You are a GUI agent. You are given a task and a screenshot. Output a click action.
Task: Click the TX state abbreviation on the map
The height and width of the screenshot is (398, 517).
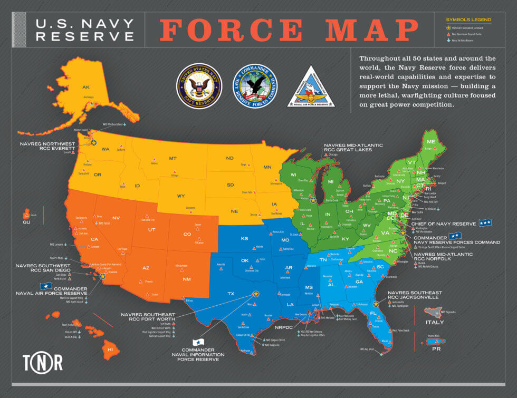coord(231,294)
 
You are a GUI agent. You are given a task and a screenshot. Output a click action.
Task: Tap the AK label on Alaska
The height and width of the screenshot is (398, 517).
coord(85,87)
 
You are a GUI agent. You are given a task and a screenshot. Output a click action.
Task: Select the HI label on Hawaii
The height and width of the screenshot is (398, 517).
coord(110,350)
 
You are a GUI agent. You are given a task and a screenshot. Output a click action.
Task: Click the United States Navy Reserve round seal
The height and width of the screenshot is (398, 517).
coord(199,86)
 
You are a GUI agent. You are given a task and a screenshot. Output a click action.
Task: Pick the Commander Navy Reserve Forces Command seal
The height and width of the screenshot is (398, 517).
coord(254,86)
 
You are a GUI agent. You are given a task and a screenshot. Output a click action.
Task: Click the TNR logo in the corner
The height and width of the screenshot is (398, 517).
coord(42,362)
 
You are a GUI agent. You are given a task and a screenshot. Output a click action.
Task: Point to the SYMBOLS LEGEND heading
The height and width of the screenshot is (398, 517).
coord(468,20)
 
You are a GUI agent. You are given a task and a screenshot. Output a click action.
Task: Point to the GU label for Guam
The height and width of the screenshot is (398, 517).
coord(26,222)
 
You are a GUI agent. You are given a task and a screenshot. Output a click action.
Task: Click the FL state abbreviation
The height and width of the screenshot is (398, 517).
coord(374,313)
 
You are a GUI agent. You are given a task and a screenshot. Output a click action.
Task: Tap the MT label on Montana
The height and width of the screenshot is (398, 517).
coord(173,158)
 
